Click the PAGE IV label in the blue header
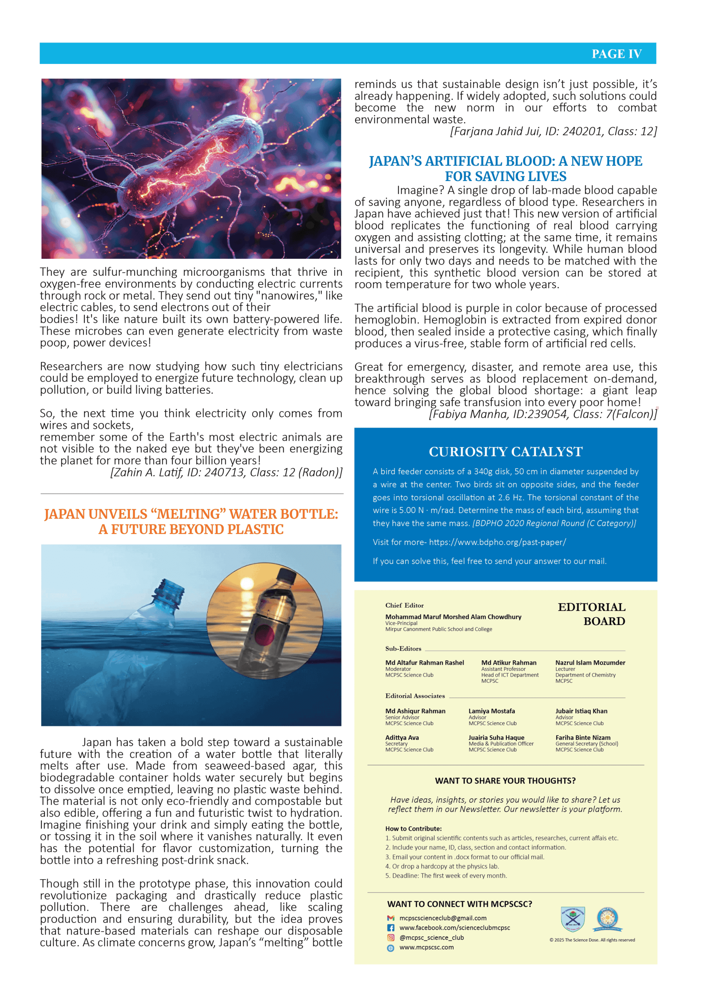click(616, 54)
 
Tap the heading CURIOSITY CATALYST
click(505, 451)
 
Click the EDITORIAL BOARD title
click(591, 614)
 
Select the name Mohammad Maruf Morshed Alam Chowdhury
click(453, 617)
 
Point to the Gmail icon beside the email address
click(390, 918)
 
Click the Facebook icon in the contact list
click(390, 928)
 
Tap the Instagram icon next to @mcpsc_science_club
click(390, 938)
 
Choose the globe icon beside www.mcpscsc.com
click(390, 947)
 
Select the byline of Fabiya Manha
click(543, 414)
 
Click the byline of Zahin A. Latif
click(226, 472)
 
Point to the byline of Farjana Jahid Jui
click(553, 131)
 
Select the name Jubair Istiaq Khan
click(581, 711)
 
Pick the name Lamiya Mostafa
click(491, 711)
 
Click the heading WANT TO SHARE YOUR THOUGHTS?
click(505, 781)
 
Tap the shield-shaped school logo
click(572, 920)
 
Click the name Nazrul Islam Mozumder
click(590, 663)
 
